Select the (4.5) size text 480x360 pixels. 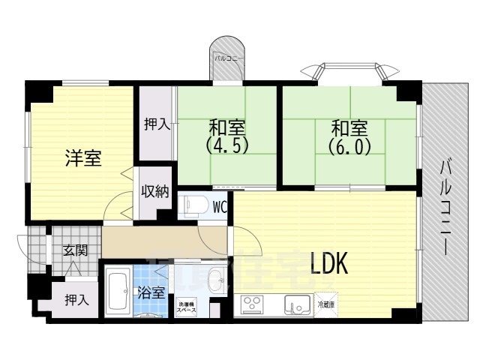pyautogui.click(x=228, y=143)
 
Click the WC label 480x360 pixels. pyautogui.click(x=220, y=205)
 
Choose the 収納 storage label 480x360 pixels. pyautogui.click(x=156, y=190)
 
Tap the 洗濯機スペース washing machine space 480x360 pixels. pyautogui.click(x=187, y=306)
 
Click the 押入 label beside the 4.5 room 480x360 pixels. pyautogui.click(x=157, y=124)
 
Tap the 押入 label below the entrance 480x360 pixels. pyautogui.click(x=76, y=300)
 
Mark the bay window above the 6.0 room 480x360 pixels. pyautogui.click(x=349, y=73)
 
